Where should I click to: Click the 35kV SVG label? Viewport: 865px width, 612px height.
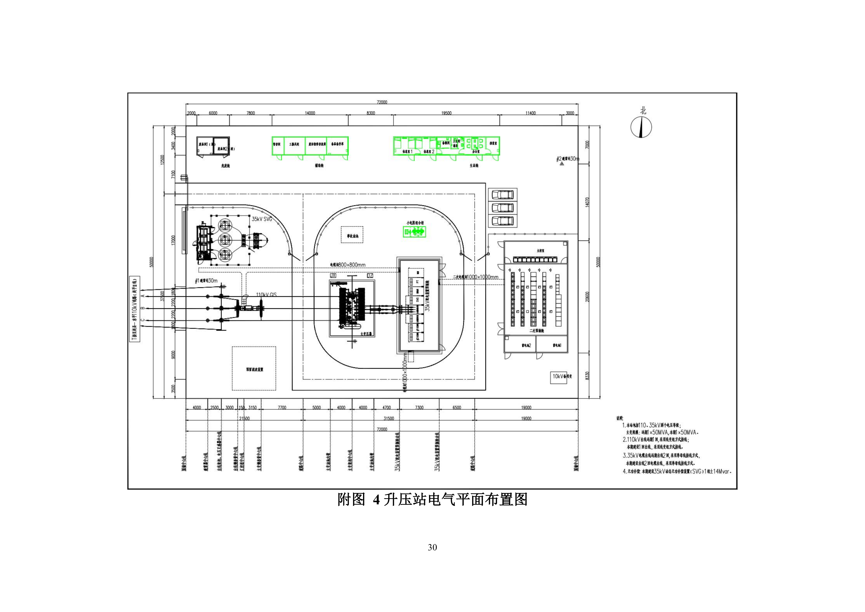pyautogui.click(x=262, y=219)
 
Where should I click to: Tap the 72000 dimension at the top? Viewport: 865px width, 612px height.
pyautogui.click(x=382, y=102)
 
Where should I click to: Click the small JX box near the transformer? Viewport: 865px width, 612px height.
pyautogui.click(x=333, y=276)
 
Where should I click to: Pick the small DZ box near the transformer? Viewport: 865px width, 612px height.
pyautogui.click(x=370, y=276)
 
